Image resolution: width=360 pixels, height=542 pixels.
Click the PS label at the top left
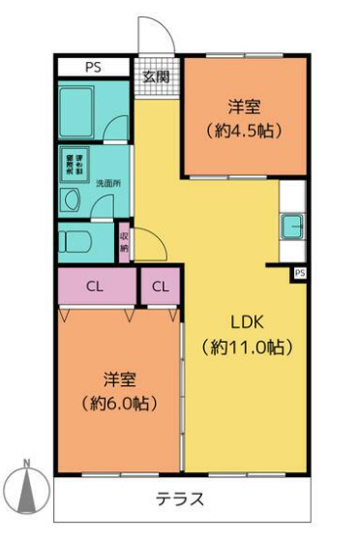[x=93, y=68]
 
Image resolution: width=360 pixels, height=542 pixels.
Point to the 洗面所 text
[x=107, y=183]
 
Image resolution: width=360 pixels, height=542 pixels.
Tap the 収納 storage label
[x=124, y=242]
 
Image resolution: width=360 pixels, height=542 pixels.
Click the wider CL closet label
[x=95, y=286]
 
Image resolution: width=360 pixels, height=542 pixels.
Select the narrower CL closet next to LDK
[x=161, y=286]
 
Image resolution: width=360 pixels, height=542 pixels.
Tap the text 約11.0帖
[x=247, y=346]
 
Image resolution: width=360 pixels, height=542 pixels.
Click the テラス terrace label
[x=179, y=500]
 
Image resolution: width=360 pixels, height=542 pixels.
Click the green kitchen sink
[x=292, y=228]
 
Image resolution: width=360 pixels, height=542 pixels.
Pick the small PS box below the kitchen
[x=300, y=274]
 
